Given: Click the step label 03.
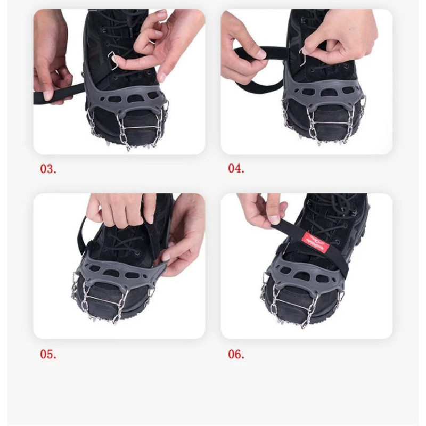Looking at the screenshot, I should point(48,169).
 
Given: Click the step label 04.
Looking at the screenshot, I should point(236,169).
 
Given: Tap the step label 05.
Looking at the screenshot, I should point(48,354).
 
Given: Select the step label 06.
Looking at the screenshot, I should point(236,354).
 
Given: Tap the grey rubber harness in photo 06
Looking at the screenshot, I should point(298,272).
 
